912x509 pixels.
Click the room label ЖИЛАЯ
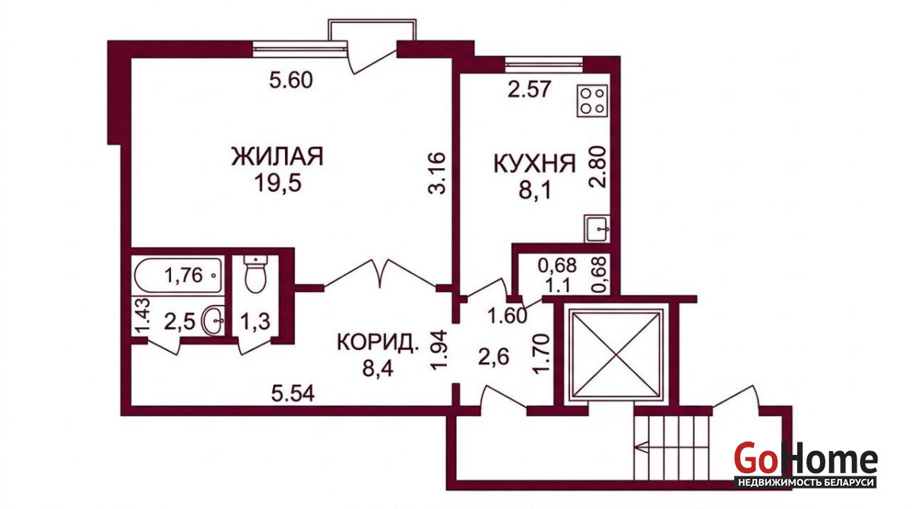[x=277, y=156]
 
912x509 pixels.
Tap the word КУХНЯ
[x=534, y=164]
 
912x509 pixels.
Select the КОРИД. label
[x=378, y=342]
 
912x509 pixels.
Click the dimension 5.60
[x=290, y=80]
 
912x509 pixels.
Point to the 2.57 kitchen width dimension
[x=529, y=89]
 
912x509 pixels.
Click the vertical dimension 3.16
[x=438, y=173]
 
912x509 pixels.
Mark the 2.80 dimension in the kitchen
[x=597, y=167]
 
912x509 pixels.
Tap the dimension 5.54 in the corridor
[x=293, y=393]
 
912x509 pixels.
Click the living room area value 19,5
[x=277, y=183]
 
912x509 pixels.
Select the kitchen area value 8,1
[x=534, y=190]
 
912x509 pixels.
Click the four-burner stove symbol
[x=592, y=100]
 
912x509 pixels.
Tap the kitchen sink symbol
[x=597, y=228]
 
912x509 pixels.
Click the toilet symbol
[x=255, y=274]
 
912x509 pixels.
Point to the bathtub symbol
[x=179, y=275]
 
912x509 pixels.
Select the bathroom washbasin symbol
[x=213, y=321]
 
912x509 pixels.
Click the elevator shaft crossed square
[x=616, y=354]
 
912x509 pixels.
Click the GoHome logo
[x=806, y=464]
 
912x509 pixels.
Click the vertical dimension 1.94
[x=439, y=350]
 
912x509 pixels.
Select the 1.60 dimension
[x=508, y=316]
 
